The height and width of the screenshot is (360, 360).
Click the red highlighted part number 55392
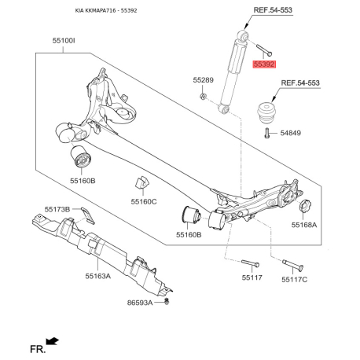264,64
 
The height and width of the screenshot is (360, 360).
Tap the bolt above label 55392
264,50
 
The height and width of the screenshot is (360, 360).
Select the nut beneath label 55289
203,97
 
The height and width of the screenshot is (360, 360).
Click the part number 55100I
64,41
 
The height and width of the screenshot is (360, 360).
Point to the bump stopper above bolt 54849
266,113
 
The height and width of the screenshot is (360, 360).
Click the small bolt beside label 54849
266,133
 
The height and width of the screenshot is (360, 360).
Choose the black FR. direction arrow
52,341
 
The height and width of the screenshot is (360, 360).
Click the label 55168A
304,225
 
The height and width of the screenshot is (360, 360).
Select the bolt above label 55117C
292,265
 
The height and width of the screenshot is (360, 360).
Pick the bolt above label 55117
250,263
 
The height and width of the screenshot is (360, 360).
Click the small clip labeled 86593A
167,301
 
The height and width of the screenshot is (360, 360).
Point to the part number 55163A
97,276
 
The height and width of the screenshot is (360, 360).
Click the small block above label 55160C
141,182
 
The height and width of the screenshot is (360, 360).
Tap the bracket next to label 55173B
88,215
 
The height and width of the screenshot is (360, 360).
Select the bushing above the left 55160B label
80,156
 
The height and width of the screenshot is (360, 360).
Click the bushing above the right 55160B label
191,217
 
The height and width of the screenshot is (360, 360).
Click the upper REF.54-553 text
273,10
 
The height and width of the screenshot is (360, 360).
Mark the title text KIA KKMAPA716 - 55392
106,11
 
